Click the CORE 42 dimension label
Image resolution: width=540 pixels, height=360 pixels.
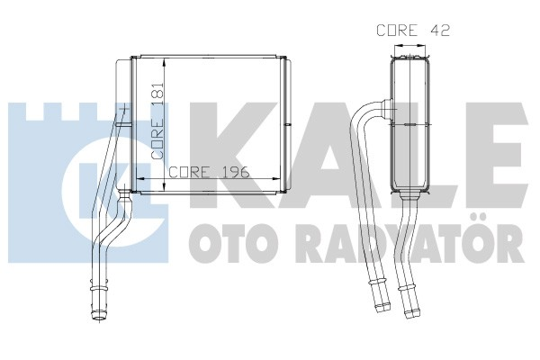(x=412, y=30)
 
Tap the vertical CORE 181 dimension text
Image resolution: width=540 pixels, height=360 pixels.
(x=159, y=128)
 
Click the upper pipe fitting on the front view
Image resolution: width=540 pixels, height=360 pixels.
(x=122, y=112)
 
